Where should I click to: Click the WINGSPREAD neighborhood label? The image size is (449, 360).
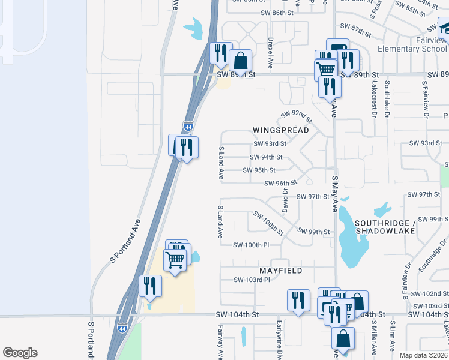pyautogui.click(x=280, y=130)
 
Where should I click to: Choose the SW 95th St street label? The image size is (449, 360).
pyautogui.click(x=259, y=170)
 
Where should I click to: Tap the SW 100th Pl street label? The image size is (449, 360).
pyautogui.click(x=252, y=245)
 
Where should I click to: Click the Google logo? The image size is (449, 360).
pyautogui.click(x=20, y=353)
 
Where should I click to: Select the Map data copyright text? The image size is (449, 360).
pyautogui.click(x=423, y=355)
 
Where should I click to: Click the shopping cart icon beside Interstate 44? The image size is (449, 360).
pyautogui.click(x=175, y=259)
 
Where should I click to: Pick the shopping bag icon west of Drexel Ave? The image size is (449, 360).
pyautogui.click(x=240, y=61)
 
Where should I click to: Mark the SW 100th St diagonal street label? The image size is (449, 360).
pyautogui.click(x=268, y=221)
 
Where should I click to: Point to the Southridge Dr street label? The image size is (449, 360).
pyautogui.click(x=432, y=256)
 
